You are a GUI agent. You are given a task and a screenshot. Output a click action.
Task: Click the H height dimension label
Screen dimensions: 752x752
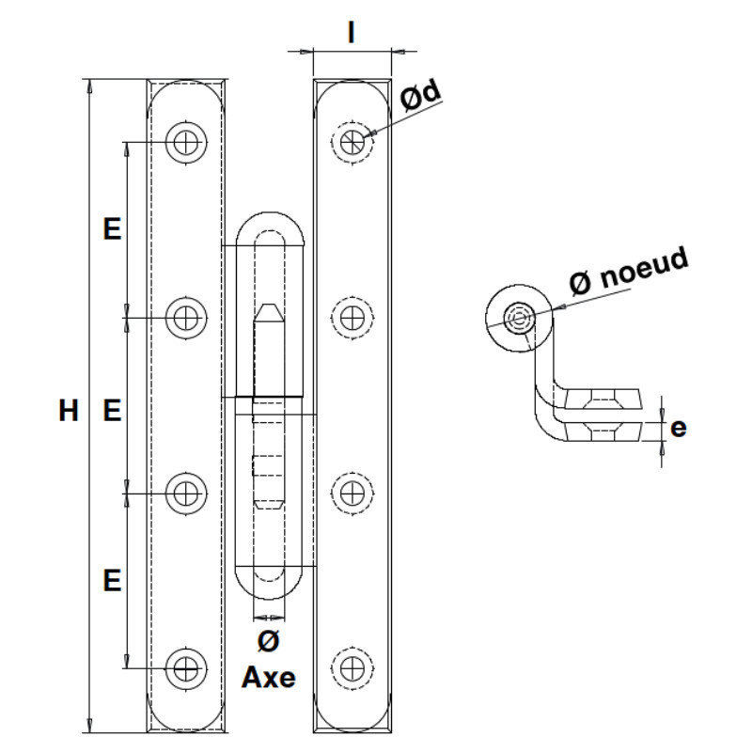click(x=68, y=411)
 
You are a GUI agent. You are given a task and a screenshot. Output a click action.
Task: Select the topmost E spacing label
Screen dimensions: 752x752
click(x=112, y=228)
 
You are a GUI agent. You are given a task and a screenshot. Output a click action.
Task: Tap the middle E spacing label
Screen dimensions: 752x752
click(x=112, y=411)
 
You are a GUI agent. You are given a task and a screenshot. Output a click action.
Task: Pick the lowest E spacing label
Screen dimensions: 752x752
click(x=112, y=580)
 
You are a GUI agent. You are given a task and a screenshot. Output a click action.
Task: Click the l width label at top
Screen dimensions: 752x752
click(x=352, y=33)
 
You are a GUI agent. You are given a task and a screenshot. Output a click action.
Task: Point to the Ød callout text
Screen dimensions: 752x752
click(x=420, y=96)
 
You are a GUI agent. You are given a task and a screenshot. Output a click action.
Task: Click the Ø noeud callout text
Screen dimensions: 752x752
click(x=629, y=272)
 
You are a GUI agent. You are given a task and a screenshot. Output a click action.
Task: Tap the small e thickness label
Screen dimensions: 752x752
click(x=678, y=428)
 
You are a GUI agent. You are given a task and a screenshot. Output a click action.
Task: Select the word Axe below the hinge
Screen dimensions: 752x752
click(x=269, y=678)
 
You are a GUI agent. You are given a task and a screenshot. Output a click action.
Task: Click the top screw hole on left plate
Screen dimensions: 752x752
click(x=186, y=142)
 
